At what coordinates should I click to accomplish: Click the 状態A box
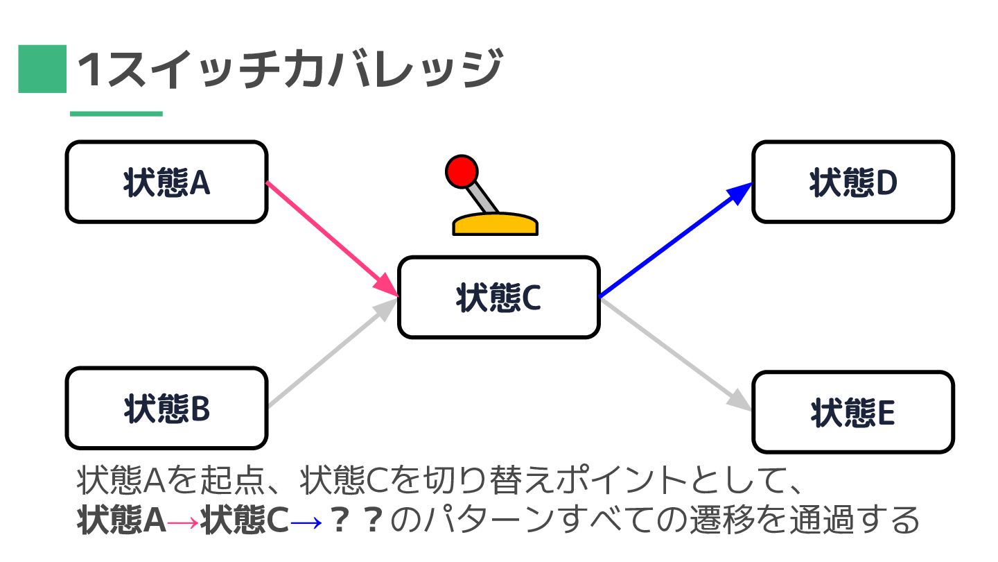[166, 182]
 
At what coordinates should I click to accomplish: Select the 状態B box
[166, 409]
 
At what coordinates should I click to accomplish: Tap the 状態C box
[498, 298]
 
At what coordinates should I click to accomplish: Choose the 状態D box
[853, 182]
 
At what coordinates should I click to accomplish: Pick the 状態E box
[853, 413]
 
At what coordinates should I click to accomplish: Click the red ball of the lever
[462, 171]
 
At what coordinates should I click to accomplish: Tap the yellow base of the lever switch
[495, 225]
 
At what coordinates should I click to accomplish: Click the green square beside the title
[42, 69]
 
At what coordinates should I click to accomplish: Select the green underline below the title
[116, 114]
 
